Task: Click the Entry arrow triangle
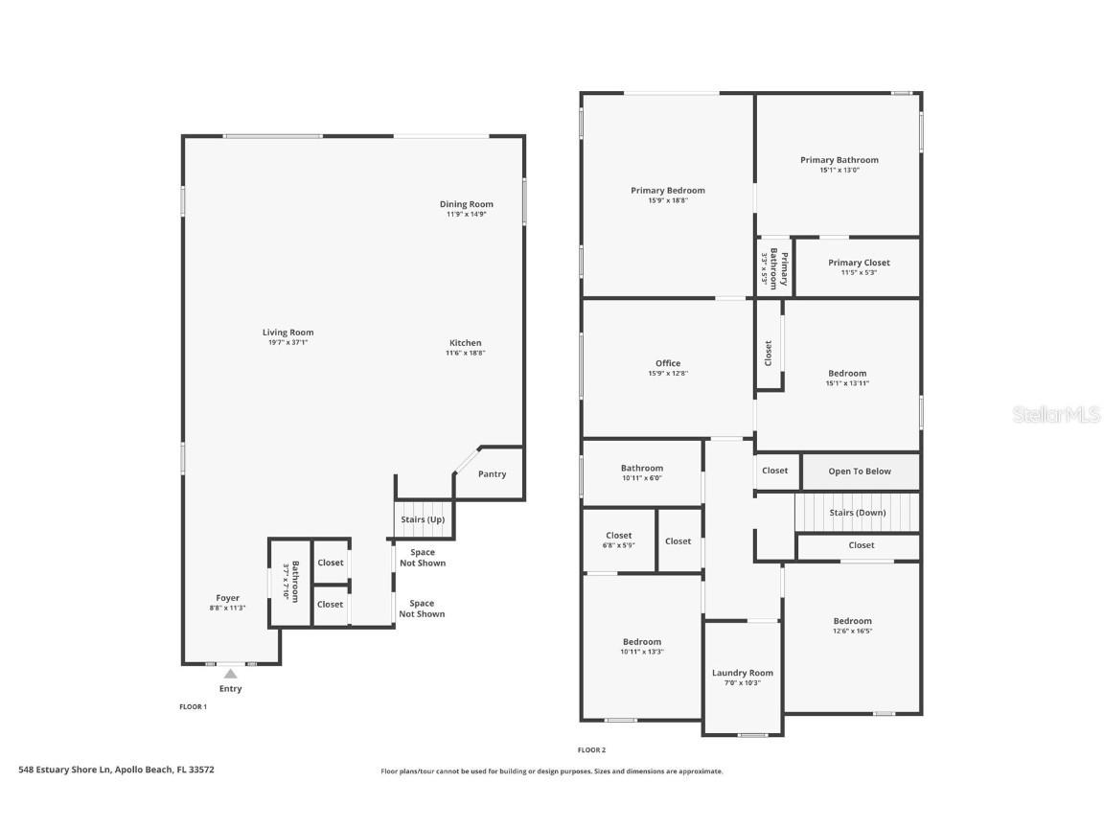[x=230, y=674]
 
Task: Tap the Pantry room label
[x=493, y=473]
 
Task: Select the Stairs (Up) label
[x=423, y=519]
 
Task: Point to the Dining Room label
[x=467, y=204]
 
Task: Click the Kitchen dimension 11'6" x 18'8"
[x=466, y=353]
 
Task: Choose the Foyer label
[x=227, y=598]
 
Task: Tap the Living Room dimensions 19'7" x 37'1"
[x=287, y=342]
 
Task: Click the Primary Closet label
[x=859, y=263]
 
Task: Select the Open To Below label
[x=860, y=471]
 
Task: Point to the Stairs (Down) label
[x=858, y=513]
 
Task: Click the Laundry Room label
[x=742, y=673]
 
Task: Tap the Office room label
[x=668, y=363]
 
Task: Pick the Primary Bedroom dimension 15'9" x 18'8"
[x=668, y=200]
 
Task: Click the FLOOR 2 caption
[x=591, y=750]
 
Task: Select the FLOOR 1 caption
[x=193, y=707]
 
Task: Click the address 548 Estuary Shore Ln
[x=65, y=770]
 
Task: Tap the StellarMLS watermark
[x=1056, y=414]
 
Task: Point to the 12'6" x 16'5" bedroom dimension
[x=853, y=631]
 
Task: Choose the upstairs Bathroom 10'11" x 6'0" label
[x=642, y=469]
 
